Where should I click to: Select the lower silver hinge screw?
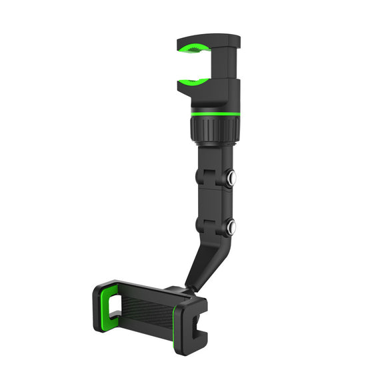(x=231, y=228)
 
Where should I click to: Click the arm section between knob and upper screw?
(x=213, y=160)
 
